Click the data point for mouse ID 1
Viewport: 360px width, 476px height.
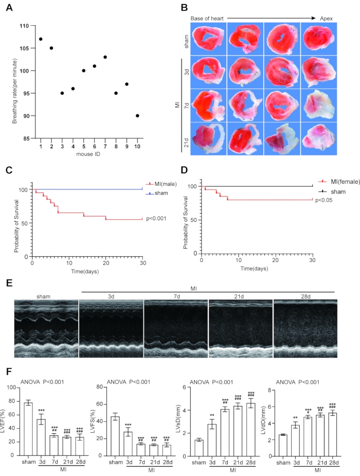coord(41,39)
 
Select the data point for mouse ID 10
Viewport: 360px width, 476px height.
coord(137,116)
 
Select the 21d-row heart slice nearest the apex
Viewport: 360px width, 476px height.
coord(318,138)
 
